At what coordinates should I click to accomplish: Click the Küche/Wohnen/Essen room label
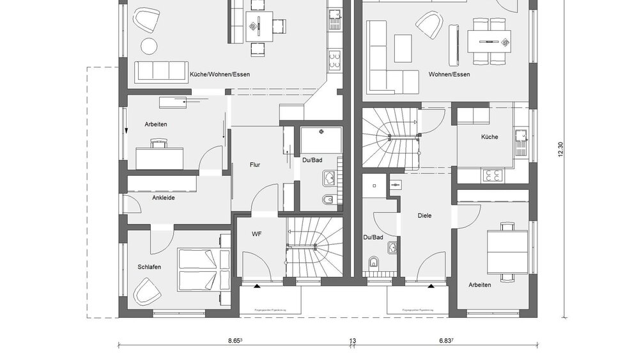pyautogui.click(x=220, y=75)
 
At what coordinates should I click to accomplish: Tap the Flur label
pyautogui.click(x=254, y=164)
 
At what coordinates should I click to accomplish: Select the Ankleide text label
pyautogui.click(x=163, y=198)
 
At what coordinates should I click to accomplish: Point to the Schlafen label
pyautogui.click(x=149, y=267)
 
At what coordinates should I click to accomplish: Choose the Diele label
pyautogui.click(x=425, y=215)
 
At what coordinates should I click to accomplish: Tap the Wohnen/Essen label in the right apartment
pyautogui.click(x=449, y=75)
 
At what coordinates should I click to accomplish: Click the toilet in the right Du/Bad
pyautogui.click(x=375, y=263)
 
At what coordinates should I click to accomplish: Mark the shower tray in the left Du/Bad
pyautogui.click(x=321, y=140)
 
